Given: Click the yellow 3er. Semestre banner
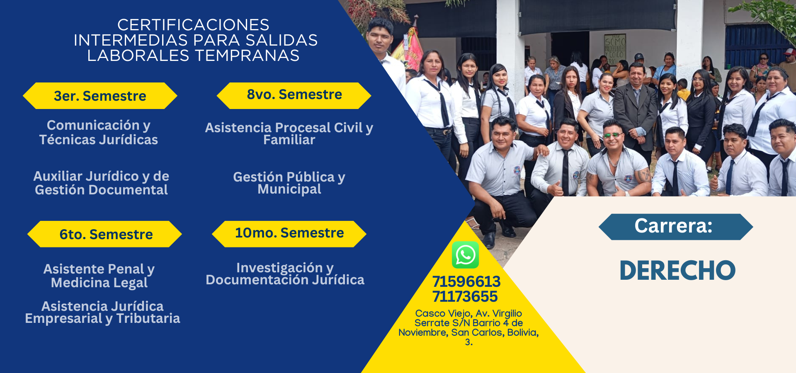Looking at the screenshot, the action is [100, 96].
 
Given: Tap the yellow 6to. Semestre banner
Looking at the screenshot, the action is [104, 234].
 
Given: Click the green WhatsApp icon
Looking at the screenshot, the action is [465, 255].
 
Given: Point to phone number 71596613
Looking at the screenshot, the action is [466, 282].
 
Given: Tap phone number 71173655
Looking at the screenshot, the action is [465, 297].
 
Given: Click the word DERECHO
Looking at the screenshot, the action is [677, 271].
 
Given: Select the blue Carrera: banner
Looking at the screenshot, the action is [676, 227].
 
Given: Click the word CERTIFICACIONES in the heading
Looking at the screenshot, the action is [193, 25].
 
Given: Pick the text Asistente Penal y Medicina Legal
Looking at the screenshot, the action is [99, 276].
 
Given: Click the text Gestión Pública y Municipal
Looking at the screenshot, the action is [289, 183].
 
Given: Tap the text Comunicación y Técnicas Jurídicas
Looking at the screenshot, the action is [99, 132].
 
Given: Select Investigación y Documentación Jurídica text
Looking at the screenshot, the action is [285, 274].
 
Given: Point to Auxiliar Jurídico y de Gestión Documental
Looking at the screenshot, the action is [101, 183].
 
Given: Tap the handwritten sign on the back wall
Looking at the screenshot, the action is [615, 50].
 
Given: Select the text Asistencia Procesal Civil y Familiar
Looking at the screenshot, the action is [289, 133].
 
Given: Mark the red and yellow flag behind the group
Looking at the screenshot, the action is [408, 48].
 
